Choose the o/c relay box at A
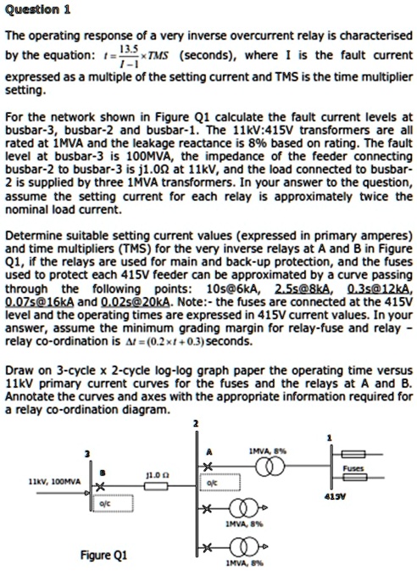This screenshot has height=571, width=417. pyautogui.click(x=213, y=484)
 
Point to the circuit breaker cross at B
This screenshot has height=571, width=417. pyautogui.click(x=99, y=487)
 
